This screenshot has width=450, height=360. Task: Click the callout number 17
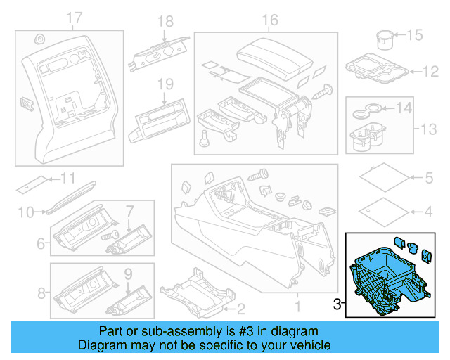pyautogui.click(x=74, y=17)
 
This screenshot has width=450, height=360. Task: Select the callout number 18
pyautogui.click(x=165, y=22)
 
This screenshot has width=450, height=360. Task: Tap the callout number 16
pyautogui.click(x=270, y=20)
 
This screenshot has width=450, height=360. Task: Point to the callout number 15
pyautogui.click(x=416, y=34)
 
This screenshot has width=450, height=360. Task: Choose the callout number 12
pyautogui.click(x=430, y=70)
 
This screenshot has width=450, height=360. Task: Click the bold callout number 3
pyautogui.click(x=337, y=304)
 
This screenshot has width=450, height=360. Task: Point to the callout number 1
pyautogui.click(x=296, y=307)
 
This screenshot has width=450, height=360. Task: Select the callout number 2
pyautogui.click(x=240, y=307)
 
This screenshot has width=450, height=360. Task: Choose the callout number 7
pyautogui.click(x=129, y=210)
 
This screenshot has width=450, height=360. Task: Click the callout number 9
pyautogui.click(x=128, y=272)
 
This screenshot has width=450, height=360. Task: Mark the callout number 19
pyautogui.click(x=165, y=84)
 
